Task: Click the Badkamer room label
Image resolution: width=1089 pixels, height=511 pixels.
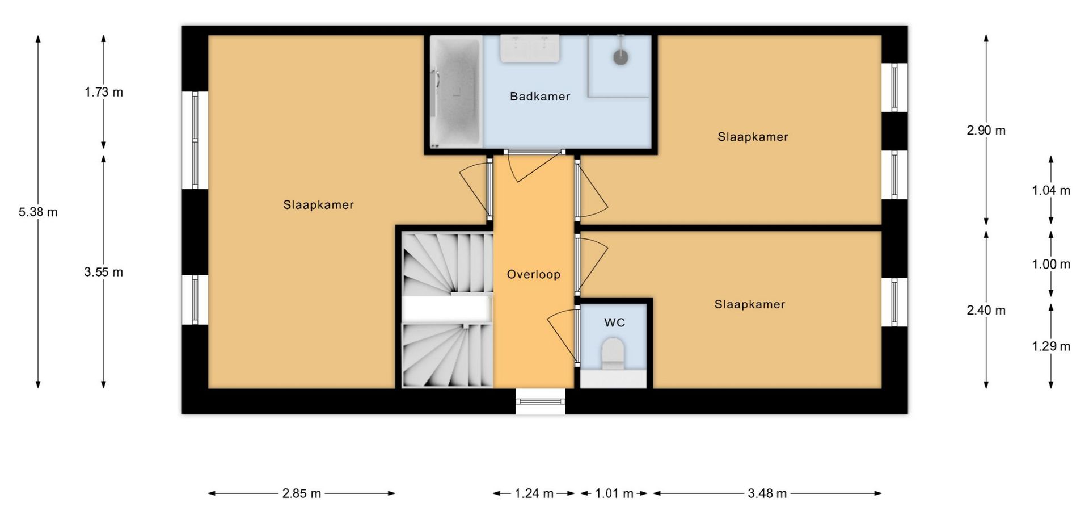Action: click(539, 97)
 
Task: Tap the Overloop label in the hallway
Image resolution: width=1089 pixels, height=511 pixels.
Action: click(533, 275)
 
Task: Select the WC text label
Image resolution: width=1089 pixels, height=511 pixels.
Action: click(614, 323)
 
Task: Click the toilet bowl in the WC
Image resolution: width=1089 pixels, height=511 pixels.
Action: click(613, 353)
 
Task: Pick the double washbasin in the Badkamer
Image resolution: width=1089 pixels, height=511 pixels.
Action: click(530, 48)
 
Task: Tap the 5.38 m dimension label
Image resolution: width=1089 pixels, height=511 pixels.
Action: click(38, 212)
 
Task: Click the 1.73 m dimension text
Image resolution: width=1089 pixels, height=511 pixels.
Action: click(104, 92)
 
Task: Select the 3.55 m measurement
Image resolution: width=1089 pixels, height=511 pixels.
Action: click(104, 272)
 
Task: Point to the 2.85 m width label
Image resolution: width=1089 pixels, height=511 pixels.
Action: click(302, 493)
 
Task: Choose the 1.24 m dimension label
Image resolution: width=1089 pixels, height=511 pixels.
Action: click(534, 493)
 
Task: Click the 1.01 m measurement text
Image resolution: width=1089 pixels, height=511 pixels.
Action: click(614, 493)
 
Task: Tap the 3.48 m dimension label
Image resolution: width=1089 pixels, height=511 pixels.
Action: click(767, 493)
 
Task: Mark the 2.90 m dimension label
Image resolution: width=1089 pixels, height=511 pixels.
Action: click(986, 131)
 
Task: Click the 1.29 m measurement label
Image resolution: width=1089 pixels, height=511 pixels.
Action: click(1051, 346)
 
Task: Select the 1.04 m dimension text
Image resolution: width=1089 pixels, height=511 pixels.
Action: click(1051, 191)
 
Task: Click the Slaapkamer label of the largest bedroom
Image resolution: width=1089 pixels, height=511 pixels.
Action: click(318, 205)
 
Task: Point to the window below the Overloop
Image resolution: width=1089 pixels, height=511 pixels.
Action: click(541, 401)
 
